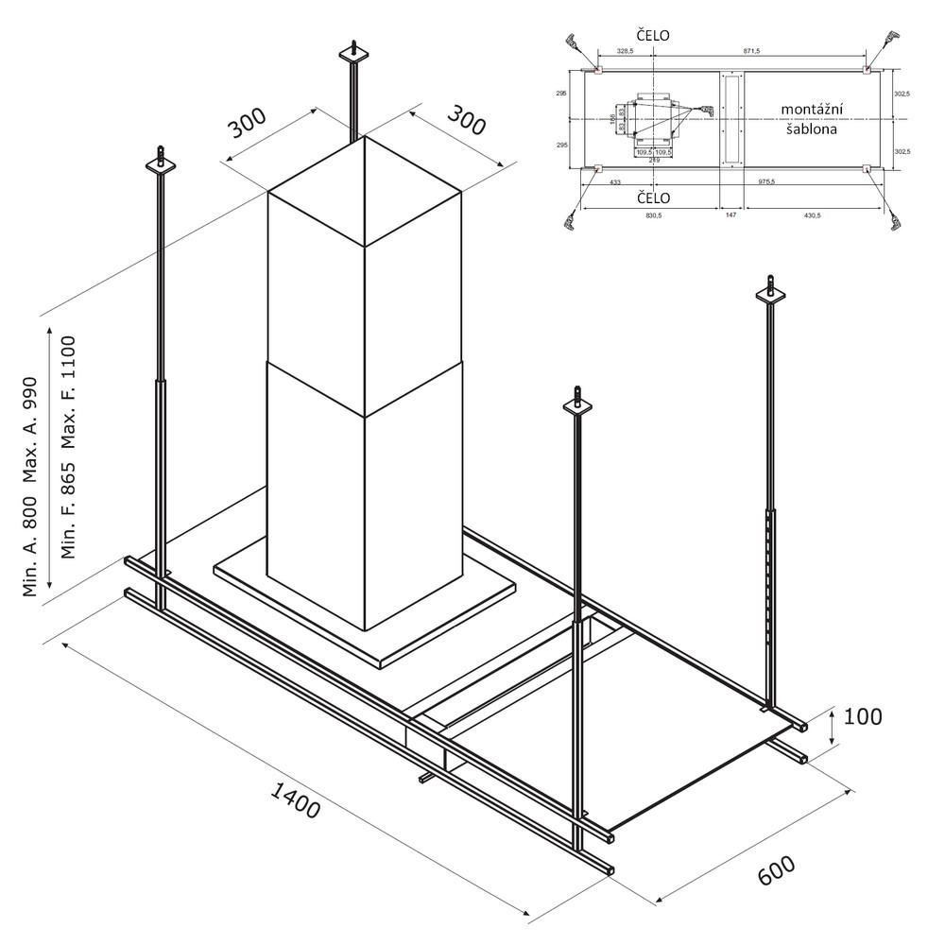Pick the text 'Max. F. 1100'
(x=68, y=391)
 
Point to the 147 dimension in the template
(x=730, y=215)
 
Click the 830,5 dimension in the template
(x=652, y=215)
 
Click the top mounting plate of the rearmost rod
(x=352, y=58)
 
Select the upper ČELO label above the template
(x=652, y=35)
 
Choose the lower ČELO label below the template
(x=652, y=198)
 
